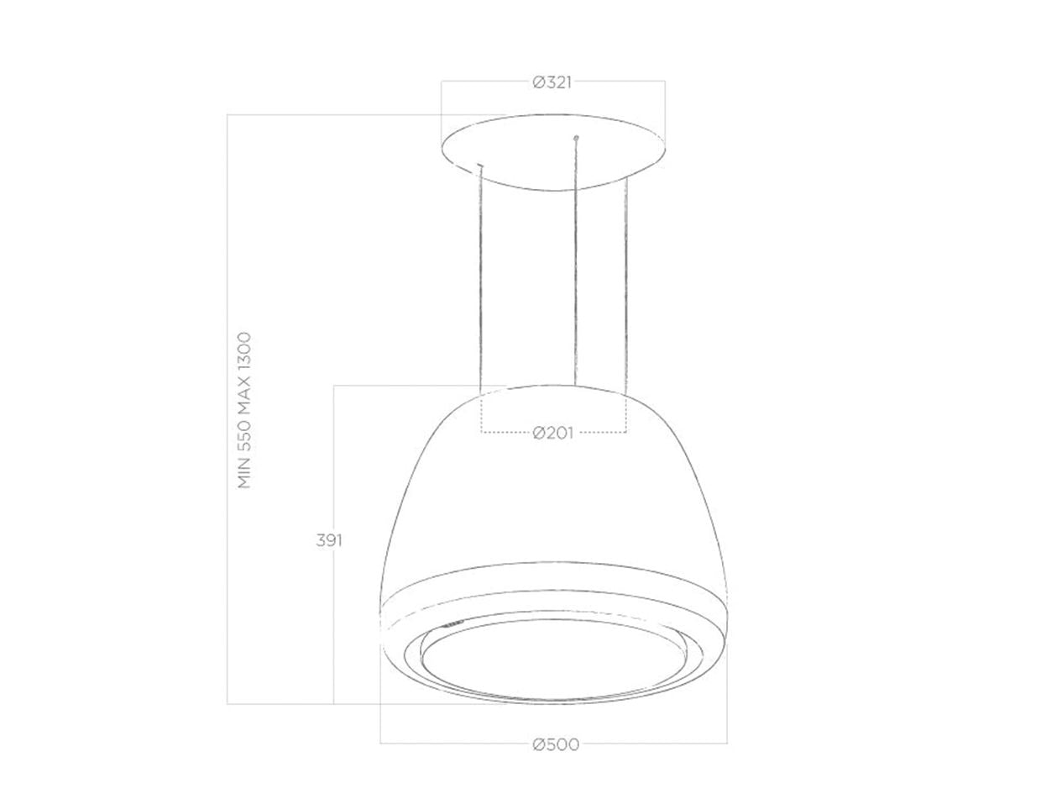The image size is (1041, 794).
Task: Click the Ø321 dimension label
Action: coord(552,82)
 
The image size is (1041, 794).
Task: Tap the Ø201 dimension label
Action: coord(553,433)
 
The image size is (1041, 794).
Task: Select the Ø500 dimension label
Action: coord(556,744)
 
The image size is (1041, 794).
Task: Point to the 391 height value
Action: coord(328,540)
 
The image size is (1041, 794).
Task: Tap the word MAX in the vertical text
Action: coord(243,394)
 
